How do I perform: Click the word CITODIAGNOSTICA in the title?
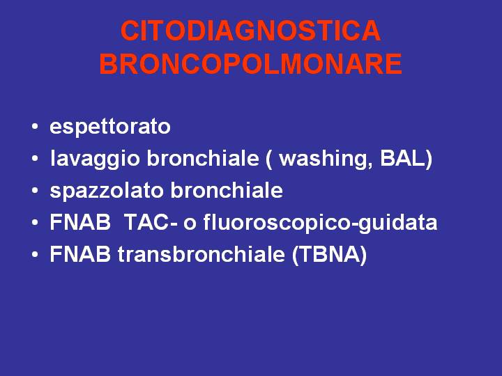tap(250, 31)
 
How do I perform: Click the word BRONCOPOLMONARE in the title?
tap(251, 64)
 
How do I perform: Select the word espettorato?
tap(110, 127)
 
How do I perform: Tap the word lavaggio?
tap(95, 159)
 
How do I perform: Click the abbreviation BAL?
tap(403, 158)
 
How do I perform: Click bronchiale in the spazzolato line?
tap(227, 190)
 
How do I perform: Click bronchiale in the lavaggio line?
tap(203, 158)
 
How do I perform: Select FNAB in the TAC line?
tap(80, 222)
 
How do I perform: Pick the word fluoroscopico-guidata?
tap(320, 223)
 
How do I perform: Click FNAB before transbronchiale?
tap(80, 254)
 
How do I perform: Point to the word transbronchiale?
tap(201, 254)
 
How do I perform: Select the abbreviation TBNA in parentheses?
tap(330, 254)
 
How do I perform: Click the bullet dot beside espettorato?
tap(35, 127)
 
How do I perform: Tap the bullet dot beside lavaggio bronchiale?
tap(35, 159)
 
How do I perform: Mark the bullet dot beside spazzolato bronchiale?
tap(35, 191)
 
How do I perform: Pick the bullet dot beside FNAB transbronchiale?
tap(35, 255)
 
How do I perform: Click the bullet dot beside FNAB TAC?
tap(35, 223)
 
